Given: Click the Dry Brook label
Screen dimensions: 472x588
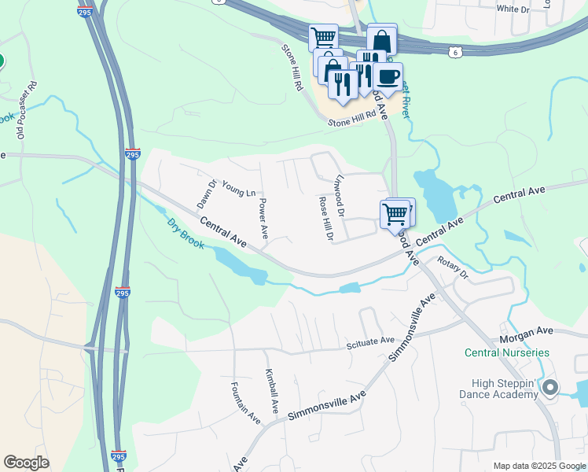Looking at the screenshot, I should pos(186,234).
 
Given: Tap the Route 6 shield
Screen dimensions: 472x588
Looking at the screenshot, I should pos(454,51).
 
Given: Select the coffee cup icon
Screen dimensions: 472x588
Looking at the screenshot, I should pos(388,77).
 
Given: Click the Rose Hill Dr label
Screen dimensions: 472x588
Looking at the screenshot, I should pos(326,219).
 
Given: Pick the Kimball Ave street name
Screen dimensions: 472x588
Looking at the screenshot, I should pos(271,391).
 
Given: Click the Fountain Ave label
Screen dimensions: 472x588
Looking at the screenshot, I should pos(245,403).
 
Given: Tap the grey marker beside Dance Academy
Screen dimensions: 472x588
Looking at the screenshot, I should pos(550,387).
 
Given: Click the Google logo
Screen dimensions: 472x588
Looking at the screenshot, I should pos(27,463).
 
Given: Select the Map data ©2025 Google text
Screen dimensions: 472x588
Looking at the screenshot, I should pos(538,466).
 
